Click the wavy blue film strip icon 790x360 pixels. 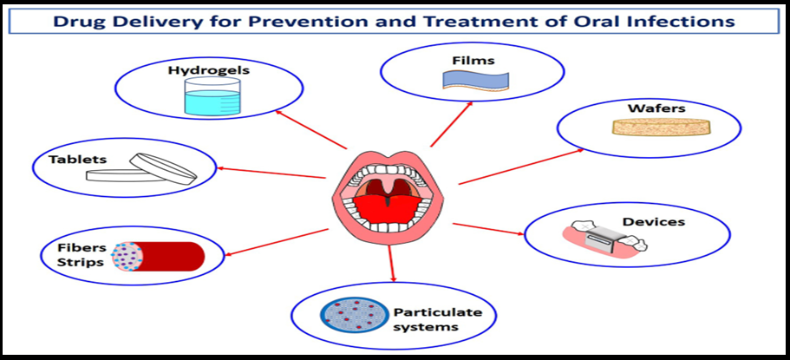click(x=474, y=80)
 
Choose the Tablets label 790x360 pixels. click(x=78, y=160)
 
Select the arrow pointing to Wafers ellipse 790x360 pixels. click(x=520, y=166)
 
